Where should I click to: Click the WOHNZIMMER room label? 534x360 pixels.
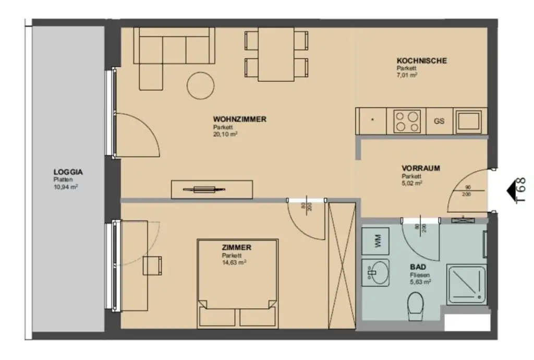[x=239, y=119]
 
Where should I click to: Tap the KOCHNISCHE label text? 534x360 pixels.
[x=421, y=61]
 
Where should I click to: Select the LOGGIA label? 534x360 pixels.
[x=68, y=172]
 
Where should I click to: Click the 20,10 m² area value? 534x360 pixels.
[x=225, y=134]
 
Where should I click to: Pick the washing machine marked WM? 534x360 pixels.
[x=377, y=241]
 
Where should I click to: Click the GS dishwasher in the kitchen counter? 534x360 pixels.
[x=439, y=121]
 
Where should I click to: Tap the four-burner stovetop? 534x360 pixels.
[x=407, y=121]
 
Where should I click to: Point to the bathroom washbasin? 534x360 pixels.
[x=376, y=272]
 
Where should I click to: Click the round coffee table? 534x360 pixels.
[x=200, y=85]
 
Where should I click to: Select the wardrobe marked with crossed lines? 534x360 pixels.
[x=342, y=266]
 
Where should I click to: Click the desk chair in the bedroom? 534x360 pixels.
[x=153, y=265]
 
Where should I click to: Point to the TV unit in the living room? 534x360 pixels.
[x=212, y=189]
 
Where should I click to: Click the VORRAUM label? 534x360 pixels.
[x=420, y=169]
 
